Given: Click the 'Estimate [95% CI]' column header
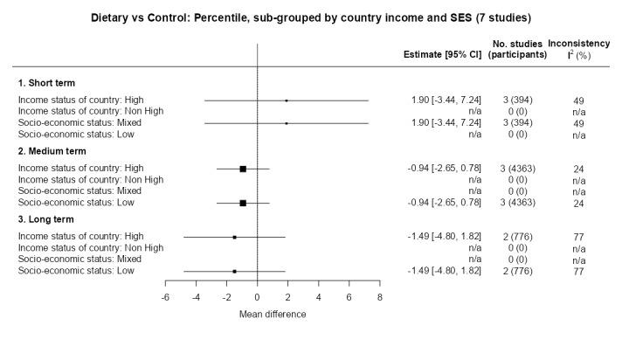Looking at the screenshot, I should tap(442, 54).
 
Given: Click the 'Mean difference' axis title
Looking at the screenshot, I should tap(273, 314).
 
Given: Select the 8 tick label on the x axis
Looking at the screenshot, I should tap(380, 299).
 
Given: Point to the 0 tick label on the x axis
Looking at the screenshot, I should tap(258, 299).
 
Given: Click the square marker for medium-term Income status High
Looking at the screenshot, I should tap(243, 169).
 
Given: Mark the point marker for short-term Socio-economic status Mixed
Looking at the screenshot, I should tap(287, 123).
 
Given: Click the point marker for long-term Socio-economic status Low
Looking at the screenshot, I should tap(234, 271).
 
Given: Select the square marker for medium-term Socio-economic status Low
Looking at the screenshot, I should tap(243, 203).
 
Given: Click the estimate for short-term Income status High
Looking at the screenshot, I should tap(446, 100).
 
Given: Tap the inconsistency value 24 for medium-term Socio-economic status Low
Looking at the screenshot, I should tap(578, 203).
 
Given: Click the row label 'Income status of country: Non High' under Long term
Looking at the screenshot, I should tap(91, 248).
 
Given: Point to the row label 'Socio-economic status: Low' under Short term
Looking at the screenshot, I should tap(74, 135).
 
